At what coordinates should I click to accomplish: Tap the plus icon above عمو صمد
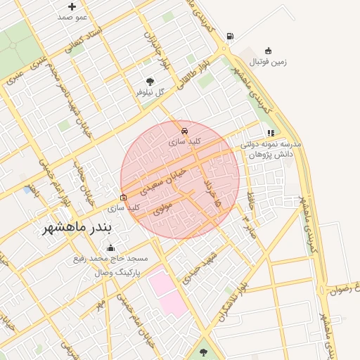click(72, 6)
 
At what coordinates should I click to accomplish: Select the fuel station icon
click(230, 37)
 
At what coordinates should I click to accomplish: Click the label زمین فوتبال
click(269, 61)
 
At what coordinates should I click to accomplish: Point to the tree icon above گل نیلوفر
click(149, 81)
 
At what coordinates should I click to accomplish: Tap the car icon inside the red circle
click(184, 131)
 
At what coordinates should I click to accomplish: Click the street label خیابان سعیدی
click(163, 181)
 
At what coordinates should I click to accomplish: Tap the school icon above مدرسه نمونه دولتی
click(270, 133)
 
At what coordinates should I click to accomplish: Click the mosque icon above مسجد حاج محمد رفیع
click(110, 247)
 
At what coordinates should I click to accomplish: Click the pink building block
click(167, 292)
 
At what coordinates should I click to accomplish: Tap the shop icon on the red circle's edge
click(124, 198)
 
